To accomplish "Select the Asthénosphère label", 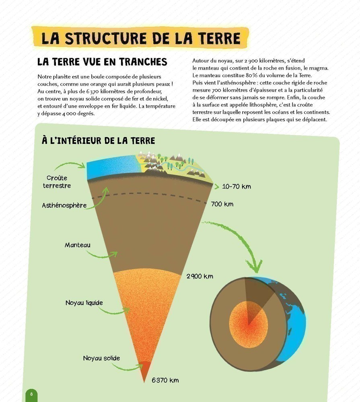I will (x=64, y=205).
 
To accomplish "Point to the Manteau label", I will (x=78, y=245).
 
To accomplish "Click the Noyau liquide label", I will (x=84, y=303).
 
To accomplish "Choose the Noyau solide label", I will (x=101, y=358).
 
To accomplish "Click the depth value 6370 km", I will (x=165, y=380).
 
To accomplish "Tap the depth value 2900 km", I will (x=200, y=276).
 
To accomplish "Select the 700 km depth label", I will (x=222, y=204).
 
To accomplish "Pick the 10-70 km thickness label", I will (x=236, y=187).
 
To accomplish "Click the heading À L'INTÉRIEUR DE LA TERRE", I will (x=99, y=140).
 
